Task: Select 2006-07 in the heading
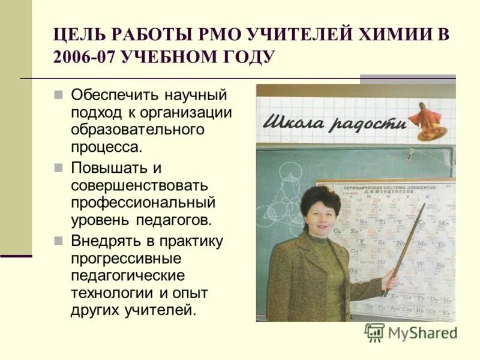tap(83, 58)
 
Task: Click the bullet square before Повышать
tap(59, 167)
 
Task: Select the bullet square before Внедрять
tap(59, 241)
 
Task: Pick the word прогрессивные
tap(126, 259)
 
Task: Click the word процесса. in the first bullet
tap(107, 146)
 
